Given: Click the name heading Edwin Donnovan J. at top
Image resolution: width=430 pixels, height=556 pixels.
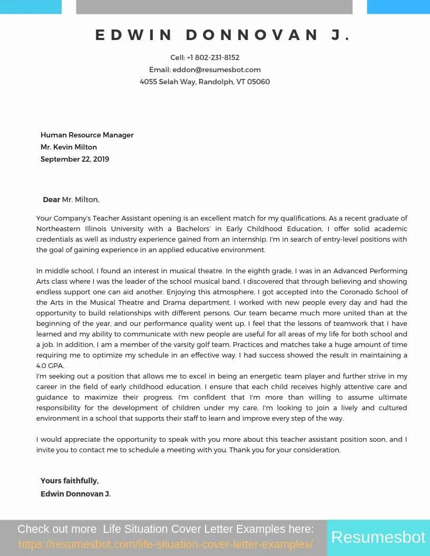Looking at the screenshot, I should click(x=223, y=35).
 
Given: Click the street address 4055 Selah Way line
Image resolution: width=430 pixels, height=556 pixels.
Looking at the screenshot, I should click(x=205, y=82).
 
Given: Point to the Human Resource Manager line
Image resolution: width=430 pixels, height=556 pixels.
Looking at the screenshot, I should click(x=87, y=135).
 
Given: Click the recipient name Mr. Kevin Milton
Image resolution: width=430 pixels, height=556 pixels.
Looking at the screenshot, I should click(x=69, y=147).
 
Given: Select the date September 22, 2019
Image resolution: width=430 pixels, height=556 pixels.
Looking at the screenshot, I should click(x=75, y=159).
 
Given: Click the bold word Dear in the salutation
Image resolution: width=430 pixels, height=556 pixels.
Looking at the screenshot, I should click(x=52, y=200).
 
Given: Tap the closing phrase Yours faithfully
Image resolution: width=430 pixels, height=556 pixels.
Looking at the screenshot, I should click(x=70, y=481).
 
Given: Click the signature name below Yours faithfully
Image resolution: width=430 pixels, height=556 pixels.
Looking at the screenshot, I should click(x=75, y=494).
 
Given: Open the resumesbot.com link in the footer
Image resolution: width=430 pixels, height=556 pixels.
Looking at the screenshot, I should click(x=165, y=544).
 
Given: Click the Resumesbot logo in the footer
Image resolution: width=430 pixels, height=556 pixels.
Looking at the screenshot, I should click(x=378, y=537).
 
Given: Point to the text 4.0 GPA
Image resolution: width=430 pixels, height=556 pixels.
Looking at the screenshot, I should click(x=50, y=365).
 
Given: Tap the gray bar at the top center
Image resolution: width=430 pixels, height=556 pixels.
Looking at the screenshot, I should click(x=214, y=7).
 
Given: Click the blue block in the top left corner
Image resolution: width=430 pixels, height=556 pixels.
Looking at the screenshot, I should click(x=31, y=7).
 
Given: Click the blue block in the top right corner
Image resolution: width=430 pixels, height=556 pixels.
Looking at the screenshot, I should click(x=398, y=7).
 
